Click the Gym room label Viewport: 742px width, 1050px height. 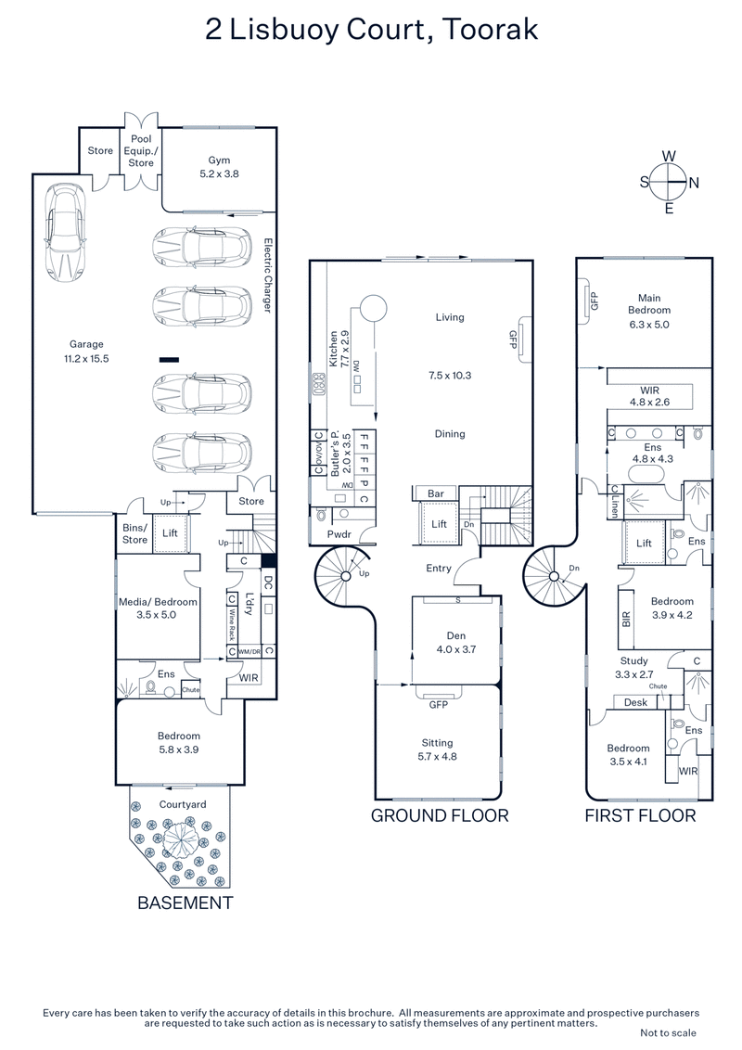(218, 160)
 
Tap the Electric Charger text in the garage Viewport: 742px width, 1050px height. (266, 275)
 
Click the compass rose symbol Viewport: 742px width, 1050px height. (668, 181)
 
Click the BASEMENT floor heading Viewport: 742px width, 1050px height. (185, 902)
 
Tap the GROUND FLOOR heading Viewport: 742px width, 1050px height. (440, 815)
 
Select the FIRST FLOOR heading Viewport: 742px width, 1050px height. (640, 815)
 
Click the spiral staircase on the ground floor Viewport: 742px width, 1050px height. (345, 576)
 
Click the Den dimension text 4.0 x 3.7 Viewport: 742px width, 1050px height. (455, 650)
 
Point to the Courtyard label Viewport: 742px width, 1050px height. (182, 805)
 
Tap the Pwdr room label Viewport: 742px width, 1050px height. (338, 535)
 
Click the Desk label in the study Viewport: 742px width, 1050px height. (635, 702)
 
